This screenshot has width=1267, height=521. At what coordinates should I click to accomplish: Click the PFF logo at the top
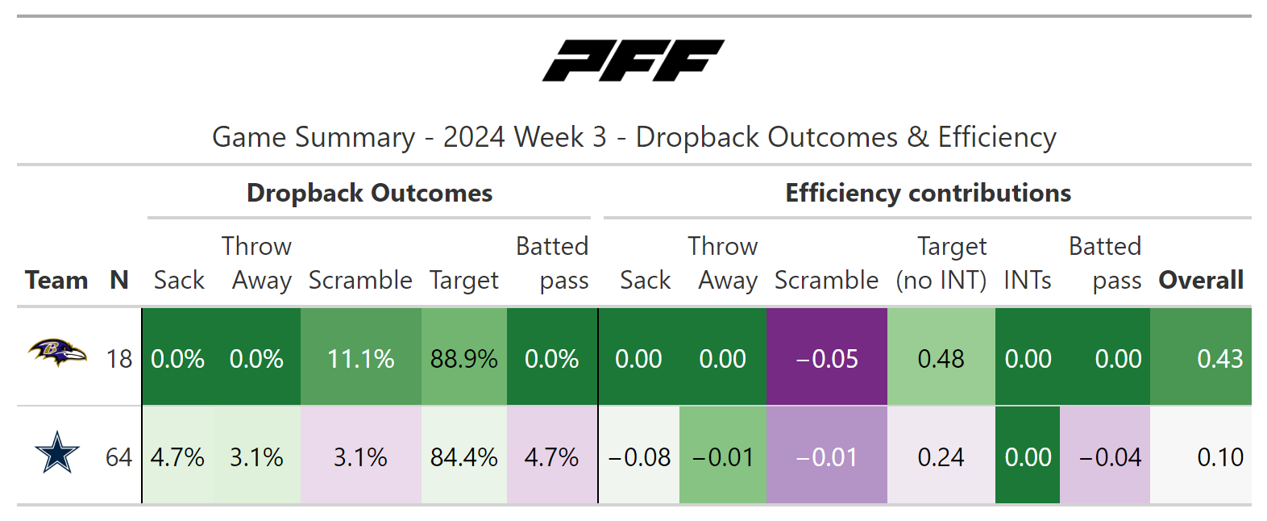(633, 60)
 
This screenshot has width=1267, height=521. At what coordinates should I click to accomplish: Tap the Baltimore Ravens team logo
(57, 353)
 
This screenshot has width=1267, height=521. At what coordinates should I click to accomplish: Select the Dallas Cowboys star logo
(57, 452)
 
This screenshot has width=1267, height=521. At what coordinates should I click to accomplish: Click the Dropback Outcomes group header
(369, 193)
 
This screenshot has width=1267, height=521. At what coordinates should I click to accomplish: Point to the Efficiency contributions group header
(928, 193)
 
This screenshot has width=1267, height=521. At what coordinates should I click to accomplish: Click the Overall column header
(1201, 280)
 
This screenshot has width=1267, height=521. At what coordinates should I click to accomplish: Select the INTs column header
(1027, 280)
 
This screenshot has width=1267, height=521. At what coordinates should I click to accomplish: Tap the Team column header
(56, 280)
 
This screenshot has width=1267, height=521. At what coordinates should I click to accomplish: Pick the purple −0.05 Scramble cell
(827, 357)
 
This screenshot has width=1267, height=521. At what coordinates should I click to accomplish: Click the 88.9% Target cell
(463, 357)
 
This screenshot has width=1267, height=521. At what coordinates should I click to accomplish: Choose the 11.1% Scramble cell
(361, 357)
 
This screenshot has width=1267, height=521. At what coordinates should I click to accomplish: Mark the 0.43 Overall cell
(1201, 357)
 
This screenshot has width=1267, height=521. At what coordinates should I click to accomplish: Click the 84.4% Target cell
(463, 455)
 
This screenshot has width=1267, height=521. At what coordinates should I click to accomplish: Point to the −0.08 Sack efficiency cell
(639, 455)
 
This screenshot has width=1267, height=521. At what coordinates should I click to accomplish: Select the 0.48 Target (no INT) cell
(941, 357)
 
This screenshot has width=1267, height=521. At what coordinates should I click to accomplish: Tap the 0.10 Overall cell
(1201, 455)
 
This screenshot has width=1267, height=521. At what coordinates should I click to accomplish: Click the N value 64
(118, 457)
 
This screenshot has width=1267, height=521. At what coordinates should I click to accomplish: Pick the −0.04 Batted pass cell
(1105, 455)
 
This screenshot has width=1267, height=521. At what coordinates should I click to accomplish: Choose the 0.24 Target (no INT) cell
(941, 455)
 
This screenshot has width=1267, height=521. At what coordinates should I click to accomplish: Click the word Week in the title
(549, 137)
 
